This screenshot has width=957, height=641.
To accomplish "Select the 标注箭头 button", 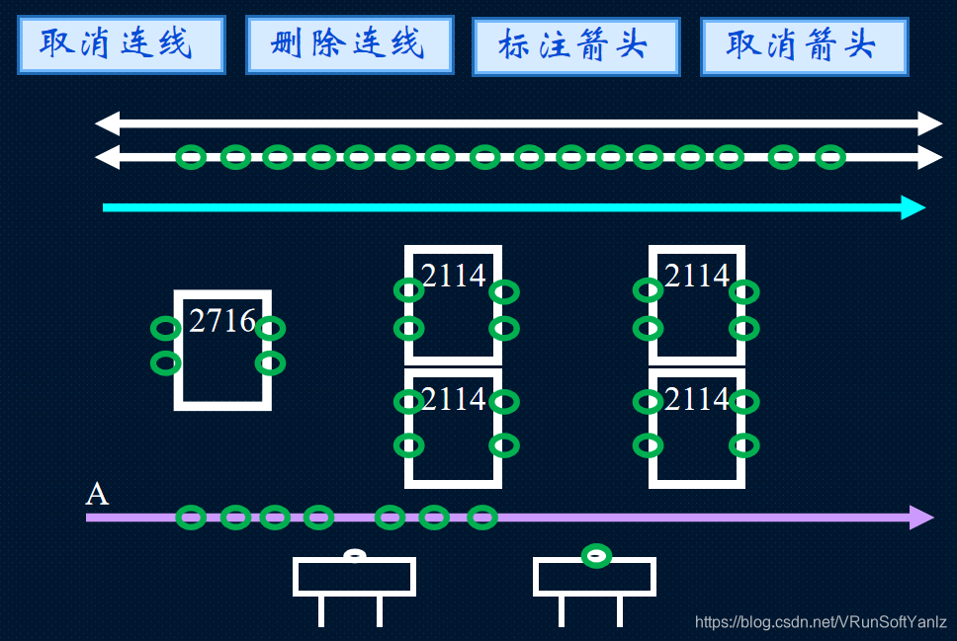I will point(575,45).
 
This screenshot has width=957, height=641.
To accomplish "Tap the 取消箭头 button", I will point(803,45).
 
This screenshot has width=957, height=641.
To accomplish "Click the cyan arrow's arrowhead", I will point(913,207).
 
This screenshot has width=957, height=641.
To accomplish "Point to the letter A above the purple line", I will point(96,494).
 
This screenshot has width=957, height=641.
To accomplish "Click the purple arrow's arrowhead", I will point(921,517).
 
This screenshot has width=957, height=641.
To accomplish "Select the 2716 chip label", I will point(221,321).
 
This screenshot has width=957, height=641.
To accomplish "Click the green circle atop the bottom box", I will point(595,555).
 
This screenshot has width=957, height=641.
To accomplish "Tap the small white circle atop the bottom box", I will point(354,555).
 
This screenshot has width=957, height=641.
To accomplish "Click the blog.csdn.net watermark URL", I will point(821,622).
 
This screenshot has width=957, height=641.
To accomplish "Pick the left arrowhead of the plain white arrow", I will point(107,123).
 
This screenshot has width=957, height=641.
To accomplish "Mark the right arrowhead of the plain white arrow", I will point(930,123).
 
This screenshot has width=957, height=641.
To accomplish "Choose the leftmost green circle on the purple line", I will point(191,517).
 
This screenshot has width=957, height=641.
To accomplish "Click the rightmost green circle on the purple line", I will point(481,517).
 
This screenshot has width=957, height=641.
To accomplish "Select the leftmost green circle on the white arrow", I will point(191,156).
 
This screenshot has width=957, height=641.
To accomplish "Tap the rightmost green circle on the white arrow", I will point(830,156).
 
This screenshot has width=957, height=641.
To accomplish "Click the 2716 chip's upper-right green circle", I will point(270,328).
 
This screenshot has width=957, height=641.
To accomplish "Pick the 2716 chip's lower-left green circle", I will point(165,363).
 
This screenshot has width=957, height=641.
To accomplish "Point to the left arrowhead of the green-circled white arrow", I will point(107,156).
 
